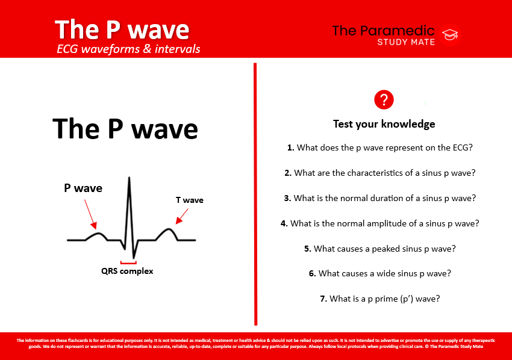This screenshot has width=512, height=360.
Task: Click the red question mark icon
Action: point(384,100)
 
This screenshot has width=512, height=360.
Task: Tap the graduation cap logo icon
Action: point(449,36)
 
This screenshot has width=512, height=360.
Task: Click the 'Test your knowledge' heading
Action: point(384,124)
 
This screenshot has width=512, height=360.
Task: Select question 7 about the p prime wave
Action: point(384,298)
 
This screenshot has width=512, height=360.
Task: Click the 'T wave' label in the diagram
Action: point(189,200)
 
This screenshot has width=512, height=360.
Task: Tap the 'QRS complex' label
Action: point(127,271)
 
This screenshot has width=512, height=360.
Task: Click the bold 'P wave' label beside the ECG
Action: point(83,188)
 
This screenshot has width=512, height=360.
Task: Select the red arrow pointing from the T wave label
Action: point(181,215)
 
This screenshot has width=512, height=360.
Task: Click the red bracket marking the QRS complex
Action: point(128,262)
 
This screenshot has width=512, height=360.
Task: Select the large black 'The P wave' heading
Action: point(125,128)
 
